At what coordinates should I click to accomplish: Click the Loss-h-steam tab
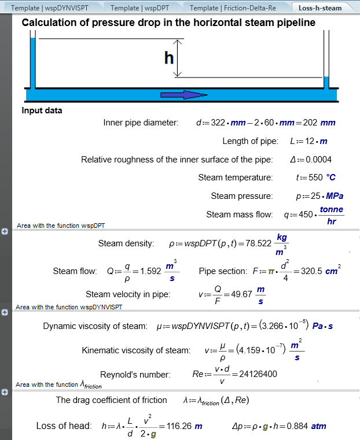click(320, 8)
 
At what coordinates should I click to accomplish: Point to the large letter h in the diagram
click(169, 58)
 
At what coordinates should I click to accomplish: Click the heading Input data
click(42, 110)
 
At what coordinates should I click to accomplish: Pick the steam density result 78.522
click(257, 243)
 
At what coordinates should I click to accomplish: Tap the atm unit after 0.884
click(318, 426)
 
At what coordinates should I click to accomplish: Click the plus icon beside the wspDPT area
click(5, 231)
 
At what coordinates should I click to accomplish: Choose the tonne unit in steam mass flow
click(331, 209)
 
